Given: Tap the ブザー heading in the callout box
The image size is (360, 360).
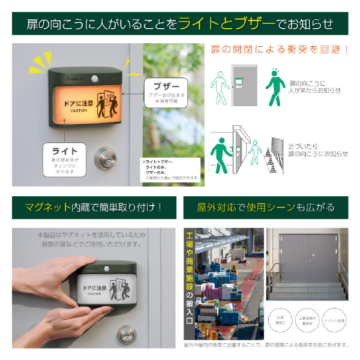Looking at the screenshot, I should point(166,86).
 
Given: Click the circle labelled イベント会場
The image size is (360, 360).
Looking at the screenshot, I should point(332,321).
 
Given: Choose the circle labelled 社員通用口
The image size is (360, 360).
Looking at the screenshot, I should point(280,321).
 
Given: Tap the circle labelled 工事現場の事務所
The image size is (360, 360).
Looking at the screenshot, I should point(307,321).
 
